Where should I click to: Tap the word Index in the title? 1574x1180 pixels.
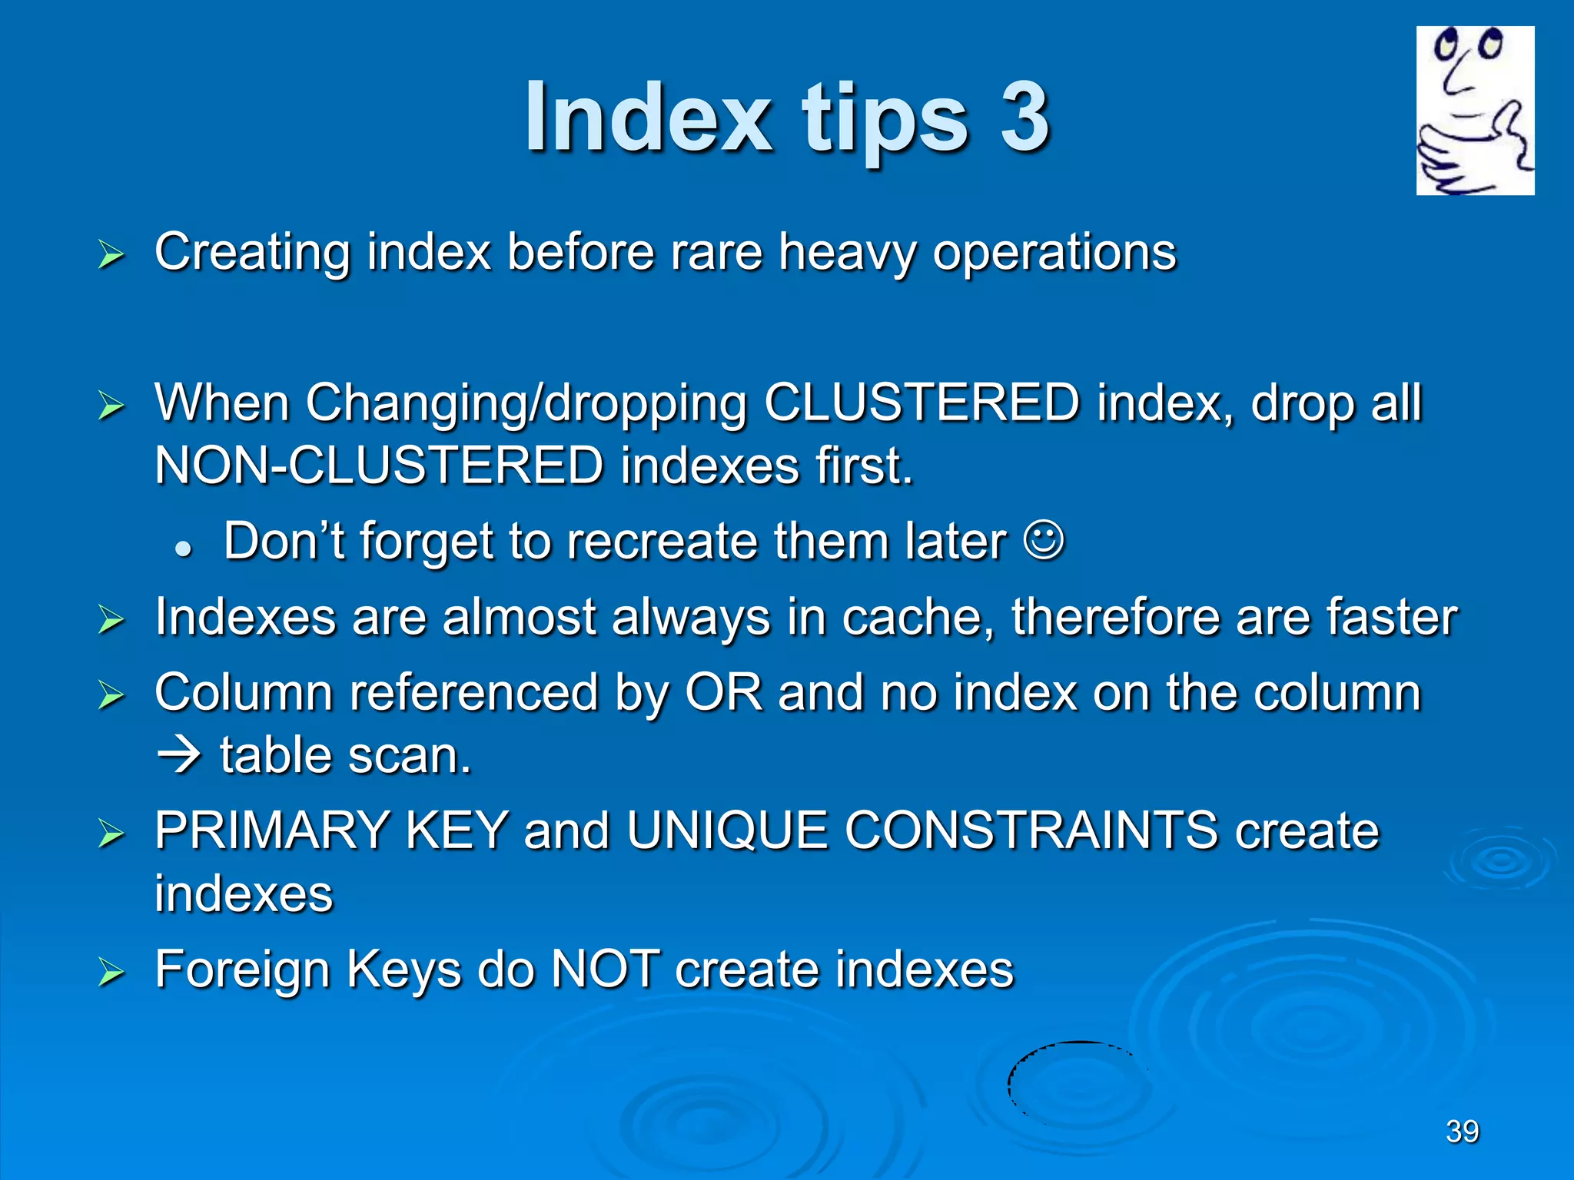pos(648,117)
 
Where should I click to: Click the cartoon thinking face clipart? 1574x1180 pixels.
pos(1475,111)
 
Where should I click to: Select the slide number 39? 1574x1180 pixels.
pos(1462,1131)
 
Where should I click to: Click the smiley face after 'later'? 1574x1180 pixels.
pos(1044,542)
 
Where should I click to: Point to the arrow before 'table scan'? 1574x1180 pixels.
pos(178,756)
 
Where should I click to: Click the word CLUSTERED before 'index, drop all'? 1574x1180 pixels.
pos(921,403)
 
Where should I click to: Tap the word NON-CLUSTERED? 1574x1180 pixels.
pos(379,466)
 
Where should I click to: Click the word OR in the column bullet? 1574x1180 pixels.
pos(723,692)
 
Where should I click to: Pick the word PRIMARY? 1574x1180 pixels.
pos(272,830)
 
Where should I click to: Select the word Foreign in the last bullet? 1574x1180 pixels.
pos(242,970)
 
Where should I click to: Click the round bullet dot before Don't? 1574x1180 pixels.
pos(183,549)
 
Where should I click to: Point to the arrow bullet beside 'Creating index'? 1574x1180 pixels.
pos(111,255)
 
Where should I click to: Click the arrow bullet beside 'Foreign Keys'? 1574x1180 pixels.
pos(111,973)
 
